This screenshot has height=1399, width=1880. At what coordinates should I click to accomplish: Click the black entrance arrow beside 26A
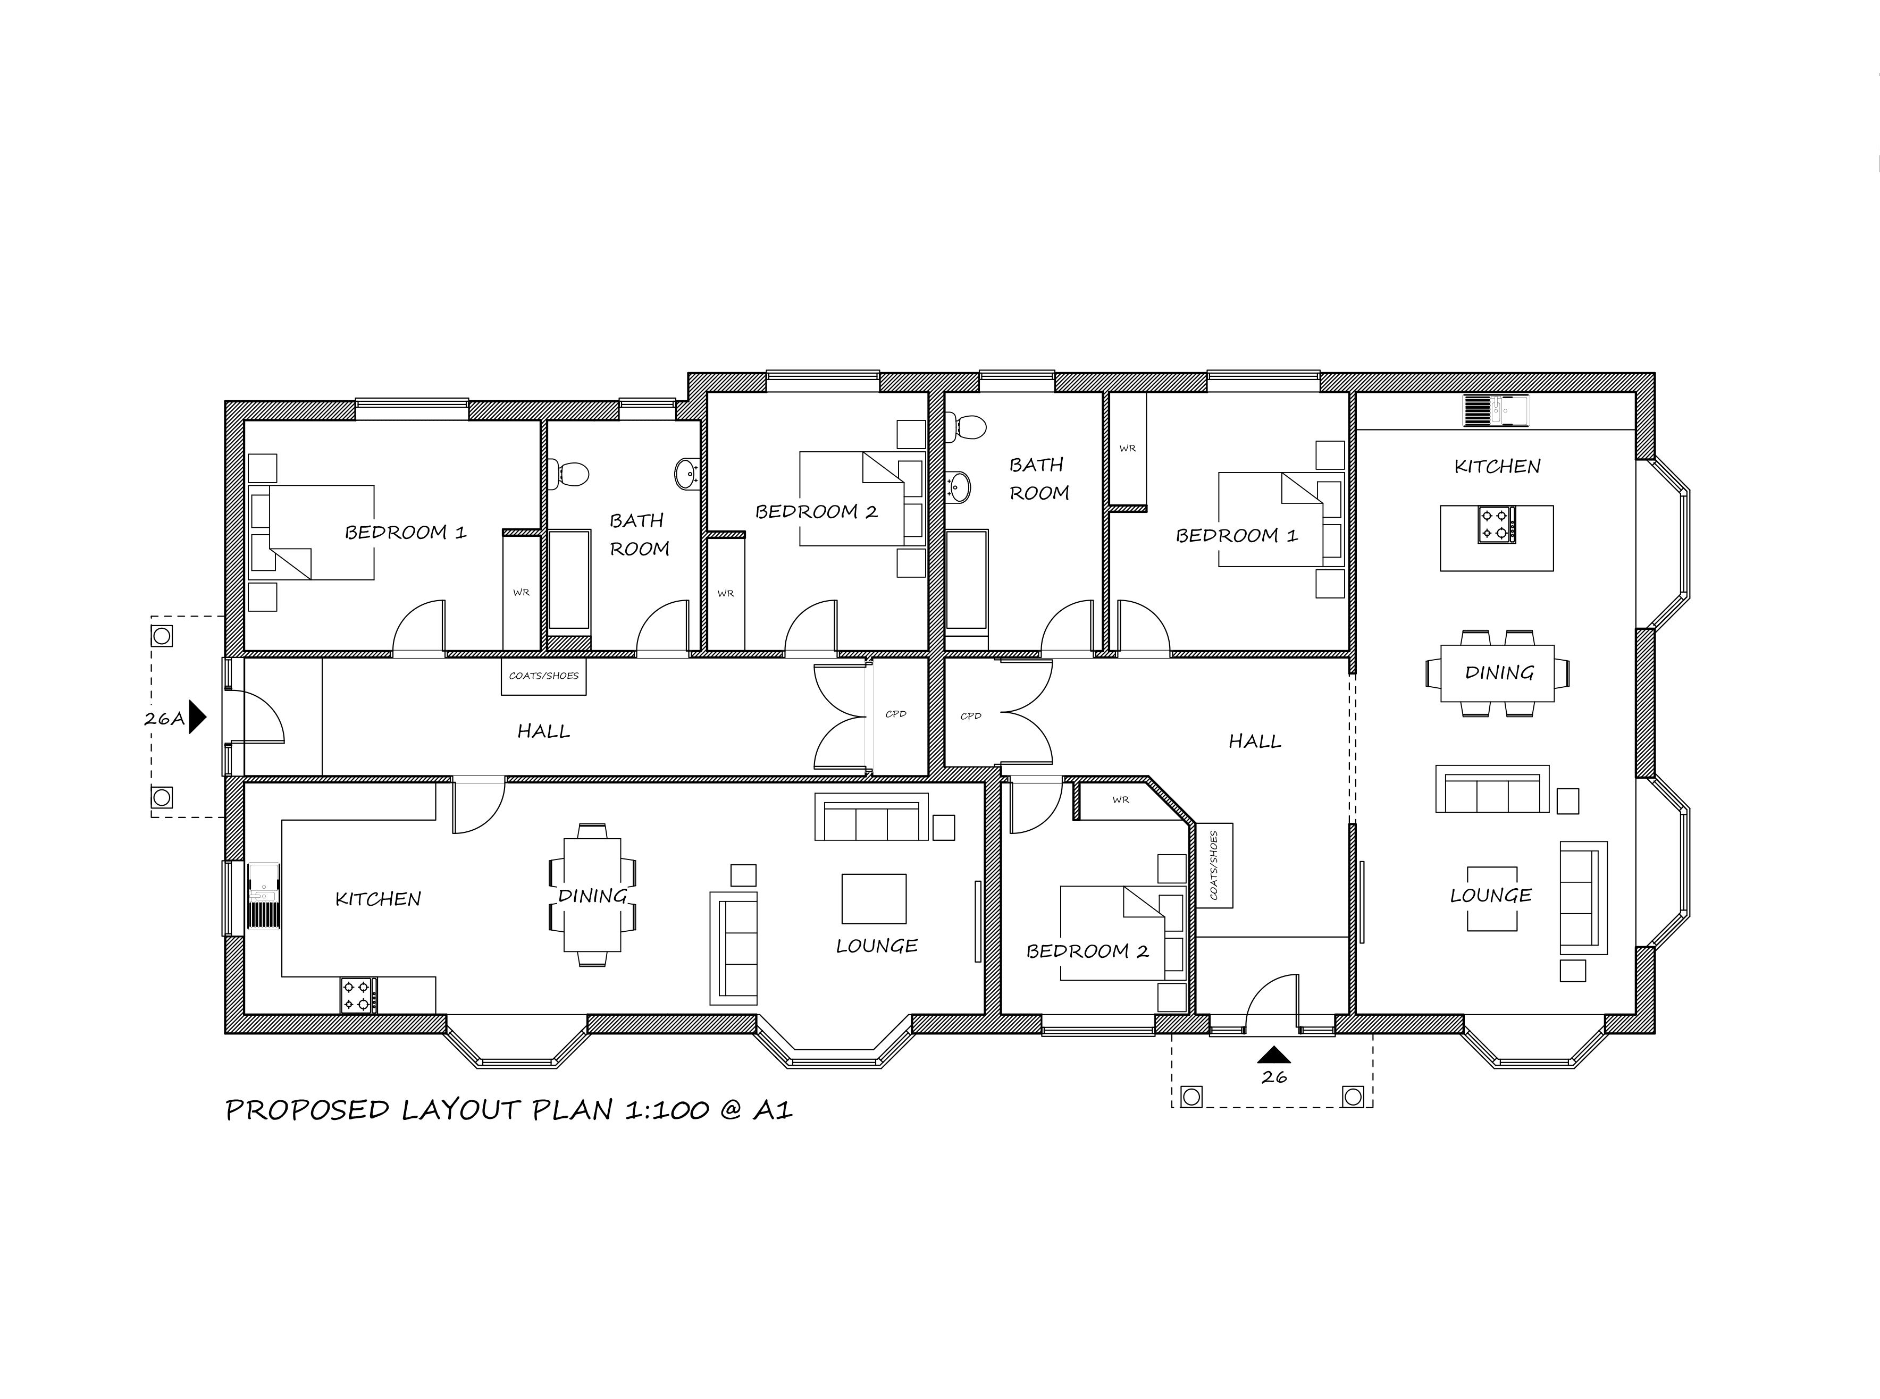(196, 717)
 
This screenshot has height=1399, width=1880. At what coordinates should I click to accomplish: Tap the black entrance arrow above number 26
(1274, 1055)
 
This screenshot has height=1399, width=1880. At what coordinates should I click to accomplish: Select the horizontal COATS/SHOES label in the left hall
(544, 676)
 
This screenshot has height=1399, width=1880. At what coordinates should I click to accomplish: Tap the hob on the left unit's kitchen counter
(359, 995)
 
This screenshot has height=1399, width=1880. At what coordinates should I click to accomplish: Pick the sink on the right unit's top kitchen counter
(1496, 411)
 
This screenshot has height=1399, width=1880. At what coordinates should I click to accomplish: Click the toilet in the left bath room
(567, 473)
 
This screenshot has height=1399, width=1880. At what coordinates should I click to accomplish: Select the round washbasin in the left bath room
(687, 474)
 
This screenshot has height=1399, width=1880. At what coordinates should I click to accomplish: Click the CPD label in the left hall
(896, 714)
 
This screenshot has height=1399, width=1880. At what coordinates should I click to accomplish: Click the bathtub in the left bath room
(569, 583)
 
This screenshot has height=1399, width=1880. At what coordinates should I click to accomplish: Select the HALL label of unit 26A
(544, 731)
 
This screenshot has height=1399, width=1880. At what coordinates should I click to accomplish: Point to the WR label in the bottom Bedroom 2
(1120, 799)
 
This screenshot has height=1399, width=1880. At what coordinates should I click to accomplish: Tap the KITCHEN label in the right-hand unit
(1497, 466)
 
